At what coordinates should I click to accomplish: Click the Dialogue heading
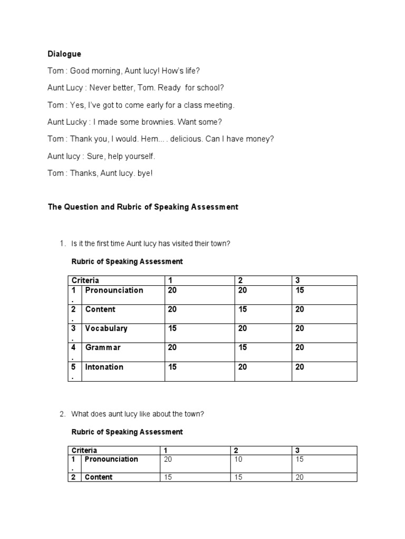point(64,54)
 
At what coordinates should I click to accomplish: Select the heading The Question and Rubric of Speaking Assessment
point(143,207)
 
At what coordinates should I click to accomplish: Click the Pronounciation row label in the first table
point(114,290)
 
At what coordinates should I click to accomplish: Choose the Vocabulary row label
point(106,328)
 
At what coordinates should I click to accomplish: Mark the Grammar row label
point(103,347)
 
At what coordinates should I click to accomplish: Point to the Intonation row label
point(104,367)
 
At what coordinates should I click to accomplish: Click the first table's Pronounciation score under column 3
point(300,290)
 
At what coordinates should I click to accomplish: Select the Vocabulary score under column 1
point(172,328)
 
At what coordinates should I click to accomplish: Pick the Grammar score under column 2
point(243,347)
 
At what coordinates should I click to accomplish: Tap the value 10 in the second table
point(238,459)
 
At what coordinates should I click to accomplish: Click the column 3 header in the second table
point(297,451)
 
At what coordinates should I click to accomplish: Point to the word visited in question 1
point(183,244)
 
